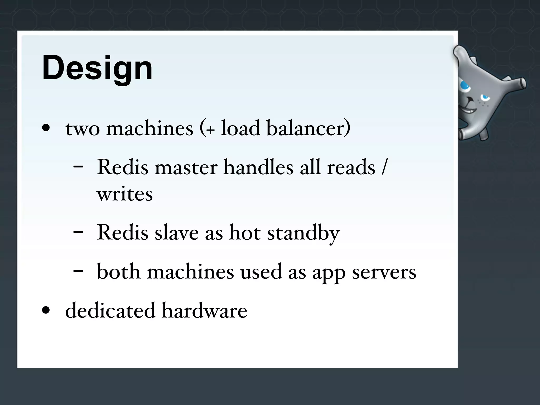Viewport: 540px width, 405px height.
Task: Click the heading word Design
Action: pyautogui.click(x=97, y=68)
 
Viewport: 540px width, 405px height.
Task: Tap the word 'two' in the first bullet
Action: pyautogui.click(x=83, y=129)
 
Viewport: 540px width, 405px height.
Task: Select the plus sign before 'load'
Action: pyautogui.click(x=210, y=130)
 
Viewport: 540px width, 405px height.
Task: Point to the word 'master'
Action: pyautogui.click(x=186, y=168)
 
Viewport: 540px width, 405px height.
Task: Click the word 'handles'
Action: pyautogui.click(x=258, y=167)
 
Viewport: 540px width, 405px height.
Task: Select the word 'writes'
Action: pyautogui.click(x=124, y=195)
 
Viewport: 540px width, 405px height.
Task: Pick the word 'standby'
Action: pyautogui.click(x=303, y=233)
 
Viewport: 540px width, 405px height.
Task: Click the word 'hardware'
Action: pyautogui.click(x=204, y=311)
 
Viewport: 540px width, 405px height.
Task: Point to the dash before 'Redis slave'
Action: pyautogui.click(x=78, y=232)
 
